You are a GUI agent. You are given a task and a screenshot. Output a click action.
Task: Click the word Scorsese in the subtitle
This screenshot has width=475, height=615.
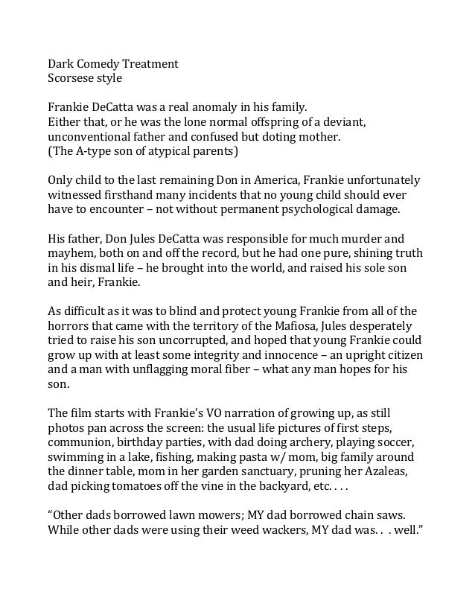click(x=71, y=77)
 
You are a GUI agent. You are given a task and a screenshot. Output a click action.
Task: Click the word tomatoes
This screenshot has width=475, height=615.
click(x=127, y=485)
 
